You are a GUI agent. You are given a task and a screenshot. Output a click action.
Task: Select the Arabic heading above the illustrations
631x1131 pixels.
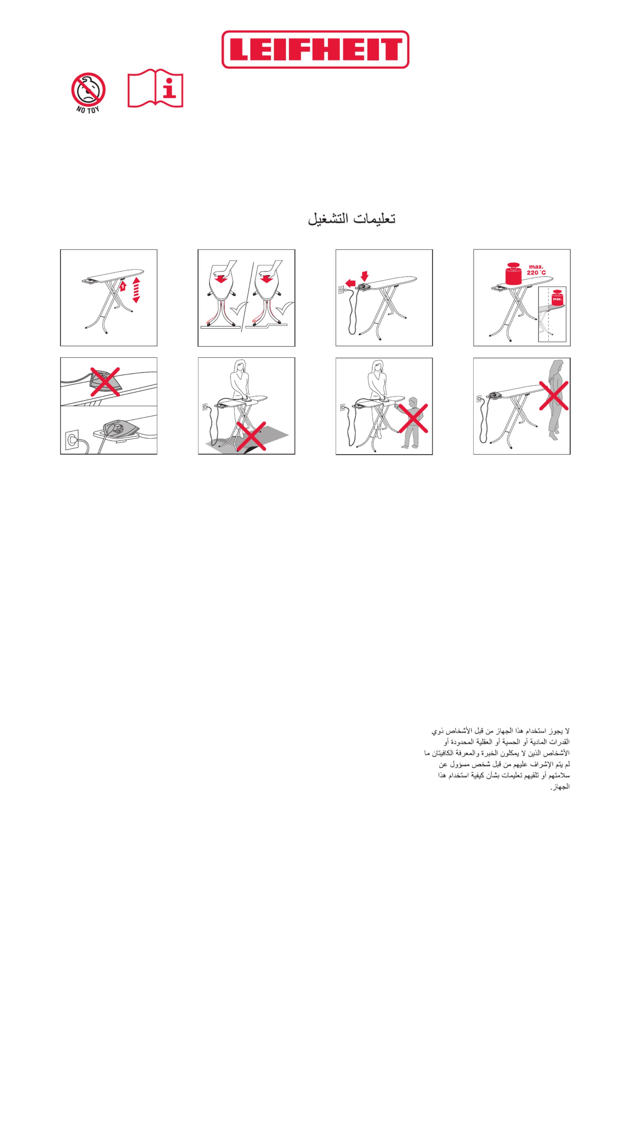351,218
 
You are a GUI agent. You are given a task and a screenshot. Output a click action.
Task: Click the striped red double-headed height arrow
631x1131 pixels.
136,290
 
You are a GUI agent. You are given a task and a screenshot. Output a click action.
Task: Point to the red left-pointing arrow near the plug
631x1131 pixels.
350,283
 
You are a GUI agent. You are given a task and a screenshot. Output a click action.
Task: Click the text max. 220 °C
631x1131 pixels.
536,270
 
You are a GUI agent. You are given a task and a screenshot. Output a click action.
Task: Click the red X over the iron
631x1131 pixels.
105,381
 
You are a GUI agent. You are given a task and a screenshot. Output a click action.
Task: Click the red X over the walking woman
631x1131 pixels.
554,396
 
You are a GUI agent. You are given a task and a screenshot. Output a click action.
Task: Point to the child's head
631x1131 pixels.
412,402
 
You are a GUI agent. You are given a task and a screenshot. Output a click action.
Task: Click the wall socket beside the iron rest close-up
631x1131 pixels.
72,440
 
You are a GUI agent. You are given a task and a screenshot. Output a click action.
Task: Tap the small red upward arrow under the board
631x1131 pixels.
123,286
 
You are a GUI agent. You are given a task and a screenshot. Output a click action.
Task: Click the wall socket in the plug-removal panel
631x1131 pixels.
341,290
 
